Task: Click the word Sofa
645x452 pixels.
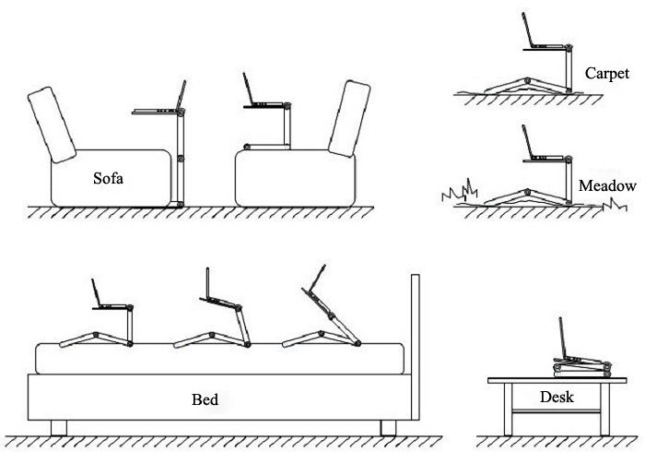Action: [108, 178]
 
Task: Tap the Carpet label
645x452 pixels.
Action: [606, 74]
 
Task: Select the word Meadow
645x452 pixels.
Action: [607, 186]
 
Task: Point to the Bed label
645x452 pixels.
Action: [205, 399]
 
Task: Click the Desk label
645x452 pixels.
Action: [557, 397]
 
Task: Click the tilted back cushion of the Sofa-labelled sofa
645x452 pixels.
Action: [52, 125]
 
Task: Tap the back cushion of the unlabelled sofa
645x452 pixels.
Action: [349, 119]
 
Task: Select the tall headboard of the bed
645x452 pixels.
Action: [416, 347]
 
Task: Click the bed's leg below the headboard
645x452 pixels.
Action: [388, 428]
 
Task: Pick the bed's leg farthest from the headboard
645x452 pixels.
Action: [59, 428]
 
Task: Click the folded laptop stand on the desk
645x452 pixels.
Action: [581, 368]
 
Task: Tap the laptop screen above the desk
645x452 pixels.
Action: [563, 338]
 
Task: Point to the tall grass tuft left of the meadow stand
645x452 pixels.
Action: [461, 192]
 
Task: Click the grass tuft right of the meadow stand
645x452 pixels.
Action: [615, 205]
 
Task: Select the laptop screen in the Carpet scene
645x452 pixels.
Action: [527, 30]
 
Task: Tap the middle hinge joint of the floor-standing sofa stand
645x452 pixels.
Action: [181, 158]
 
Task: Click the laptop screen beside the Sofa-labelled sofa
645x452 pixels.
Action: [182, 95]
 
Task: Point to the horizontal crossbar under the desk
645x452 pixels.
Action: [557, 410]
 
